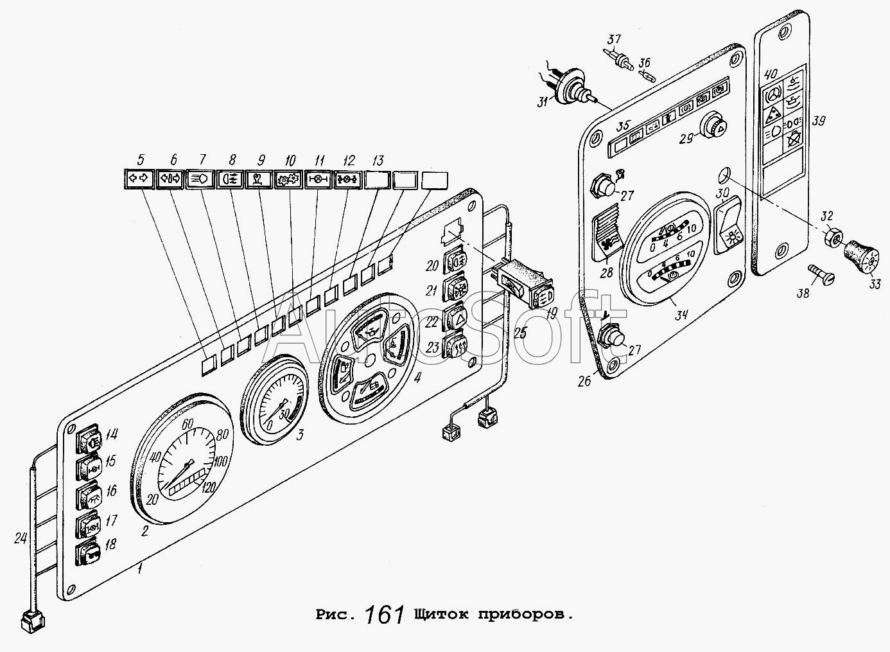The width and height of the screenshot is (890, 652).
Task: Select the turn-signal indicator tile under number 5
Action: pyautogui.click(x=137, y=180)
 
